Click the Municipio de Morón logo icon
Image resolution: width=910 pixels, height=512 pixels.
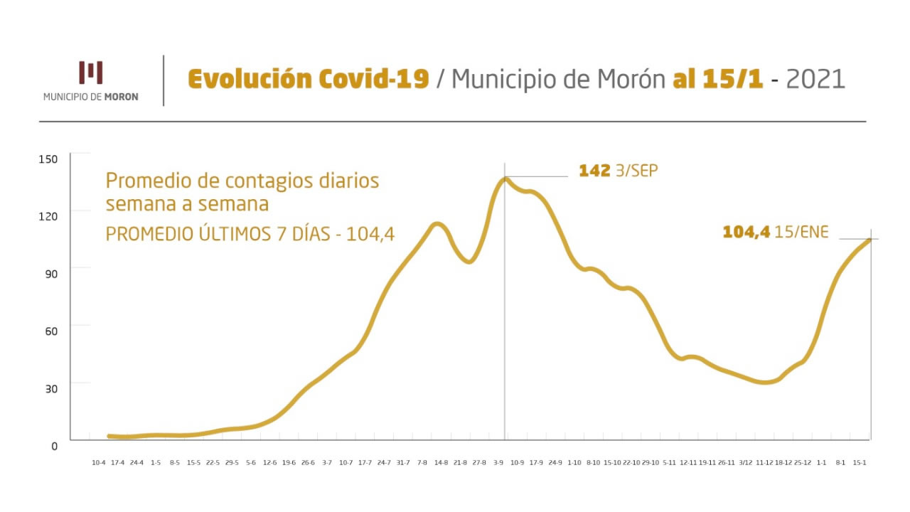point(91,73)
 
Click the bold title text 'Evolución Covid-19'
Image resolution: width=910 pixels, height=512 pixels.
point(308,79)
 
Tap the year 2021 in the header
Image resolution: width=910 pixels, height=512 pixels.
point(815,79)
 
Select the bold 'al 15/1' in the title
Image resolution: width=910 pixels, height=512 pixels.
point(718,79)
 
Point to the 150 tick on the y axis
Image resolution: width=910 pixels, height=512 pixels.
point(48,159)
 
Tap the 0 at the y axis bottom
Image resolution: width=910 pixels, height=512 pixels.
point(53,446)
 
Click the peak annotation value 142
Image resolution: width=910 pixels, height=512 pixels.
point(594,171)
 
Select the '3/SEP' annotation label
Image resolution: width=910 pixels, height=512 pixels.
point(636,171)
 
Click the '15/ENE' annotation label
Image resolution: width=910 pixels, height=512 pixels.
point(802,232)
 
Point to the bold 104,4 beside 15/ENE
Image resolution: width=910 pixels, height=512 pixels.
point(746,232)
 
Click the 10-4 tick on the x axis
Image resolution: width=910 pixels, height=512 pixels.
point(99,463)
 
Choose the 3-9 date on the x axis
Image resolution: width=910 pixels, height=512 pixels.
point(498,463)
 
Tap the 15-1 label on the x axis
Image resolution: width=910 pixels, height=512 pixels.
point(859,463)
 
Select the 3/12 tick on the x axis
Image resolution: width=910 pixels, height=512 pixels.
point(745,463)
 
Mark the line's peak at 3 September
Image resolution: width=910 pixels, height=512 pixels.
point(505,178)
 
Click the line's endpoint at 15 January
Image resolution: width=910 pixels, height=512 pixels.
point(869,240)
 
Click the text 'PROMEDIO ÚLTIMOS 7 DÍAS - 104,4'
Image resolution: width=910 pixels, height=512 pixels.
point(250,234)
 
